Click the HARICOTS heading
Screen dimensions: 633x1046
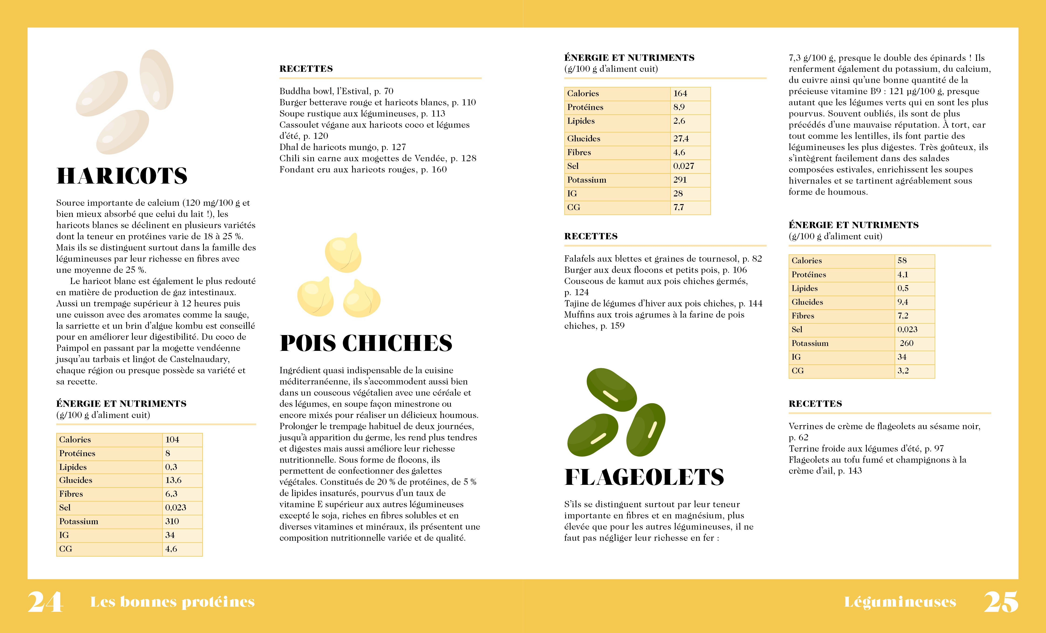coord(122,176)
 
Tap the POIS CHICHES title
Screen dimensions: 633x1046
coord(366,343)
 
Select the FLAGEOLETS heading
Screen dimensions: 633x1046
coord(644,477)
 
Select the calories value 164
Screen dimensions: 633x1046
coord(680,93)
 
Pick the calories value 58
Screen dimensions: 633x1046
coord(902,260)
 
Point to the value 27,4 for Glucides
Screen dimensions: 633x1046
coord(681,139)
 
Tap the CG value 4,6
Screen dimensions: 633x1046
coord(171,549)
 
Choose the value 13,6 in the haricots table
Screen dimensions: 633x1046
coord(173,480)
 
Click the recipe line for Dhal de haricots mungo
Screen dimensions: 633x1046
coord(342,147)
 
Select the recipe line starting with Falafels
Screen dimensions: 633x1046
coord(663,259)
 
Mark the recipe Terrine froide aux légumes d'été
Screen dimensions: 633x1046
coord(866,448)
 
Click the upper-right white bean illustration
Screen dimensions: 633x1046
coord(156,79)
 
